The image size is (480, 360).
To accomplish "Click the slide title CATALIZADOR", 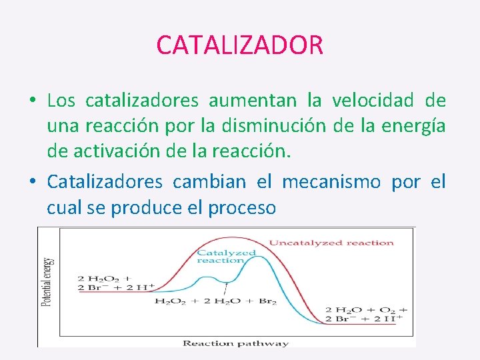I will click(239, 45).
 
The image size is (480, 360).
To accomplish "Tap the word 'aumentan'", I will click(253, 101).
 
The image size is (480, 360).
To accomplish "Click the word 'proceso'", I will click(241, 208).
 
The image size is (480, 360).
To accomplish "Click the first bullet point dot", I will click(32, 101).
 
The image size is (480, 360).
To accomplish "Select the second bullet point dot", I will click(32, 182).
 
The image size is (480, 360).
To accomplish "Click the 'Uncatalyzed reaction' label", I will click(331, 243).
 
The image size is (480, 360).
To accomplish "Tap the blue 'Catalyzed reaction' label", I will click(227, 257).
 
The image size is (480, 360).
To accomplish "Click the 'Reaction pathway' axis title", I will click(235, 343).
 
